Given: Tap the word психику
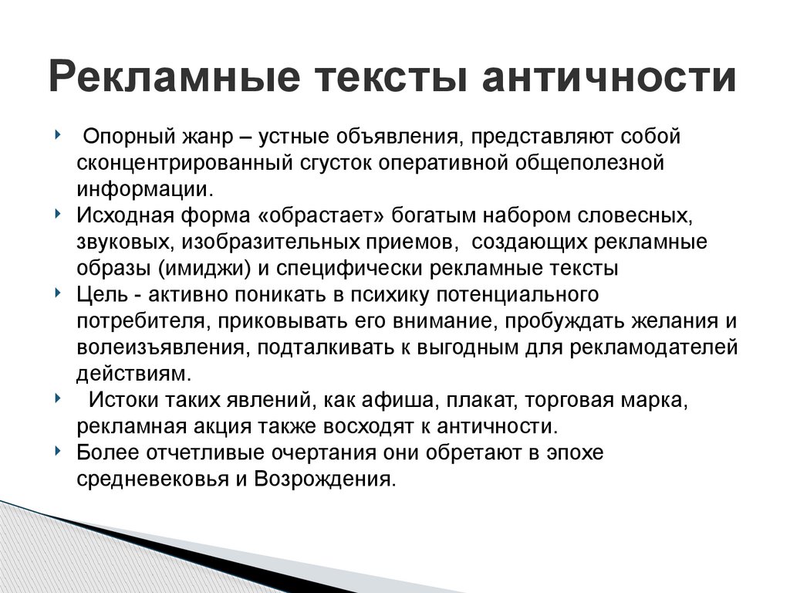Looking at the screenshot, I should point(400,294).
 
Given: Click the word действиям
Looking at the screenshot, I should point(132,373).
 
